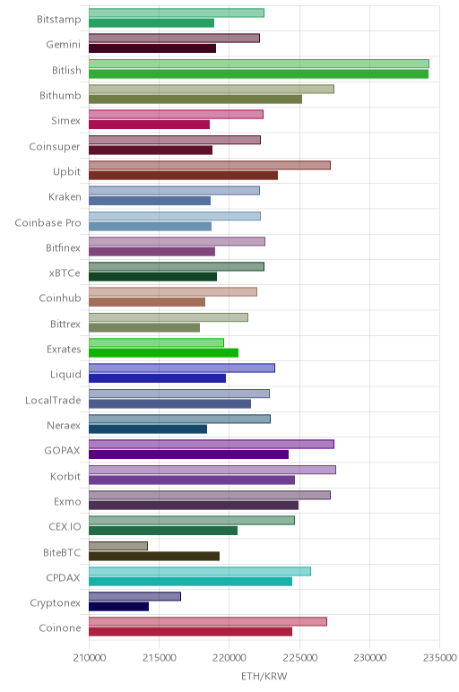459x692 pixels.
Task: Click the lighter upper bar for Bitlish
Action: pyautogui.click(x=258, y=64)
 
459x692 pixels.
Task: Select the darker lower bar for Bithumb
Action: pyautogui.click(x=195, y=99)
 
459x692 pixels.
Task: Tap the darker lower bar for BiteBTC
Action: pyautogui.click(x=154, y=556)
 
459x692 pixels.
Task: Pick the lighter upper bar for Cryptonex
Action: pyautogui.click(x=134, y=597)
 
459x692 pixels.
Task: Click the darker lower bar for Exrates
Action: pyautogui.click(x=163, y=353)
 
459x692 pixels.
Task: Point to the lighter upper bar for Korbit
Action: pyautogui.click(x=212, y=470)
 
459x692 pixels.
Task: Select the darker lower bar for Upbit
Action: pyautogui.click(x=183, y=176)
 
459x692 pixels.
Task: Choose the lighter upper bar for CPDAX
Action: pyautogui.click(x=200, y=571)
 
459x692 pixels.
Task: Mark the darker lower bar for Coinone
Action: pyautogui.click(x=190, y=632)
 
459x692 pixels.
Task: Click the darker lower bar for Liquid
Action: pyautogui.click(x=157, y=378)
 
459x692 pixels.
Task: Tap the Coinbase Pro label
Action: pyautogui.click(x=48, y=222)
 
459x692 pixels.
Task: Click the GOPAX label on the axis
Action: pyautogui.click(x=62, y=451)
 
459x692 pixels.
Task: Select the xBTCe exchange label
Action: pyautogui.click(x=65, y=273)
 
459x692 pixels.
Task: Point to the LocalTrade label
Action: pyautogui.click(x=53, y=401)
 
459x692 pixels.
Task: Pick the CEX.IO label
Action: pyautogui.click(x=65, y=526)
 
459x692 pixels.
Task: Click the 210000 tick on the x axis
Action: pyautogui.click(x=90, y=658)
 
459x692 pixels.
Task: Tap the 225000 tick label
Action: pyautogui.click(x=299, y=658)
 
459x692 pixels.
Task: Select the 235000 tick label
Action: pyautogui.click(x=439, y=658)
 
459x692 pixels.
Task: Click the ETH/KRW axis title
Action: pyautogui.click(x=264, y=677)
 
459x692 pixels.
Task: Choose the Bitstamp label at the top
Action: pyautogui.click(x=59, y=20)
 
